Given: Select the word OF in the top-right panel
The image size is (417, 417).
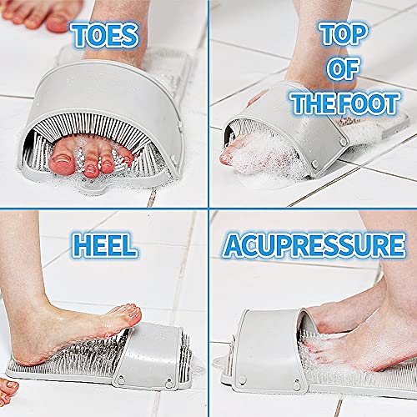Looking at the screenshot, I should pos(343,72).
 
